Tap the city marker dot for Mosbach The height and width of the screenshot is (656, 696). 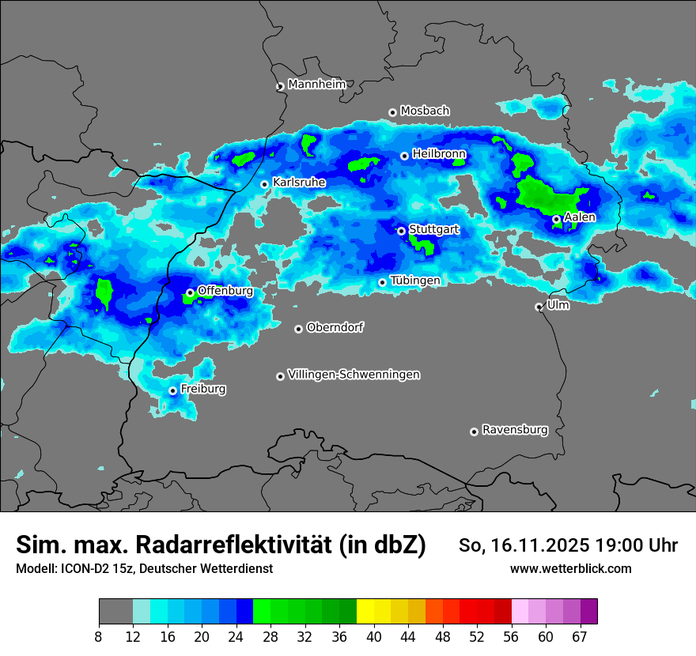[x=392, y=112]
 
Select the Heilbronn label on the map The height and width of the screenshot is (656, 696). [x=439, y=153]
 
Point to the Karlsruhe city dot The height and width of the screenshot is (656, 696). [x=265, y=184]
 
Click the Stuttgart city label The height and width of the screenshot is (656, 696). [x=433, y=229]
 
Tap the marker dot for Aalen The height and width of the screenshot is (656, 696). [x=556, y=219]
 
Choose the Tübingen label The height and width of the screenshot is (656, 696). [x=415, y=281]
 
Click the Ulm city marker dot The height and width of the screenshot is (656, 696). [x=539, y=307]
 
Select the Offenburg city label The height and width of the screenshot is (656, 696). [x=225, y=291]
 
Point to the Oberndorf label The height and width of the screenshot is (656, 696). [x=335, y=327]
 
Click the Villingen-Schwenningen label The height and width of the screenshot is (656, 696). [x=354, y=375]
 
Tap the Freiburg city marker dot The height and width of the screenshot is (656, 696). [x=172, y=390]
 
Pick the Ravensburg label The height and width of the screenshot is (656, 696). [x=515, y=430]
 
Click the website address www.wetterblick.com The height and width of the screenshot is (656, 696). [x=570, y=568]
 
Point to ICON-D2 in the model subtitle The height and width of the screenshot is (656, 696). [x=85, y=568]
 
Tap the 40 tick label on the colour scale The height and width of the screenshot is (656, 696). [x=374, y=637]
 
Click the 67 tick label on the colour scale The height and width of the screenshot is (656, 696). [x=580, y=637]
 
